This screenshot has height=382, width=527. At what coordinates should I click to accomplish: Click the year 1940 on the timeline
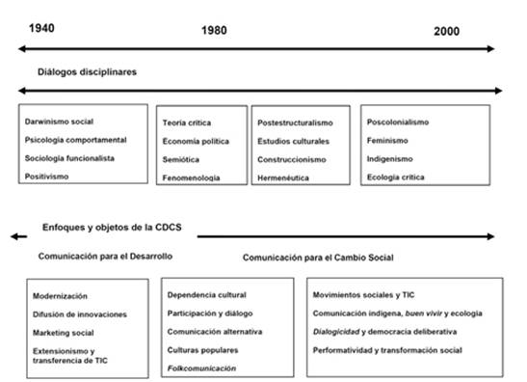41,27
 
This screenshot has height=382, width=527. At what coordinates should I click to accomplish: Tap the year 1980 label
214,31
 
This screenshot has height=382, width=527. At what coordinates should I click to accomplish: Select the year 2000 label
446,32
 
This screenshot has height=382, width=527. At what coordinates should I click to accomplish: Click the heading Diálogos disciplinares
88,72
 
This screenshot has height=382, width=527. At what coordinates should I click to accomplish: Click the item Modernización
60,296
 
